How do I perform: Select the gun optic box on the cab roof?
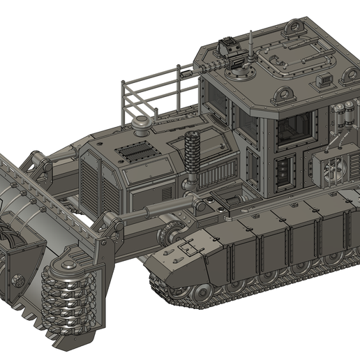pos(225,49)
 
